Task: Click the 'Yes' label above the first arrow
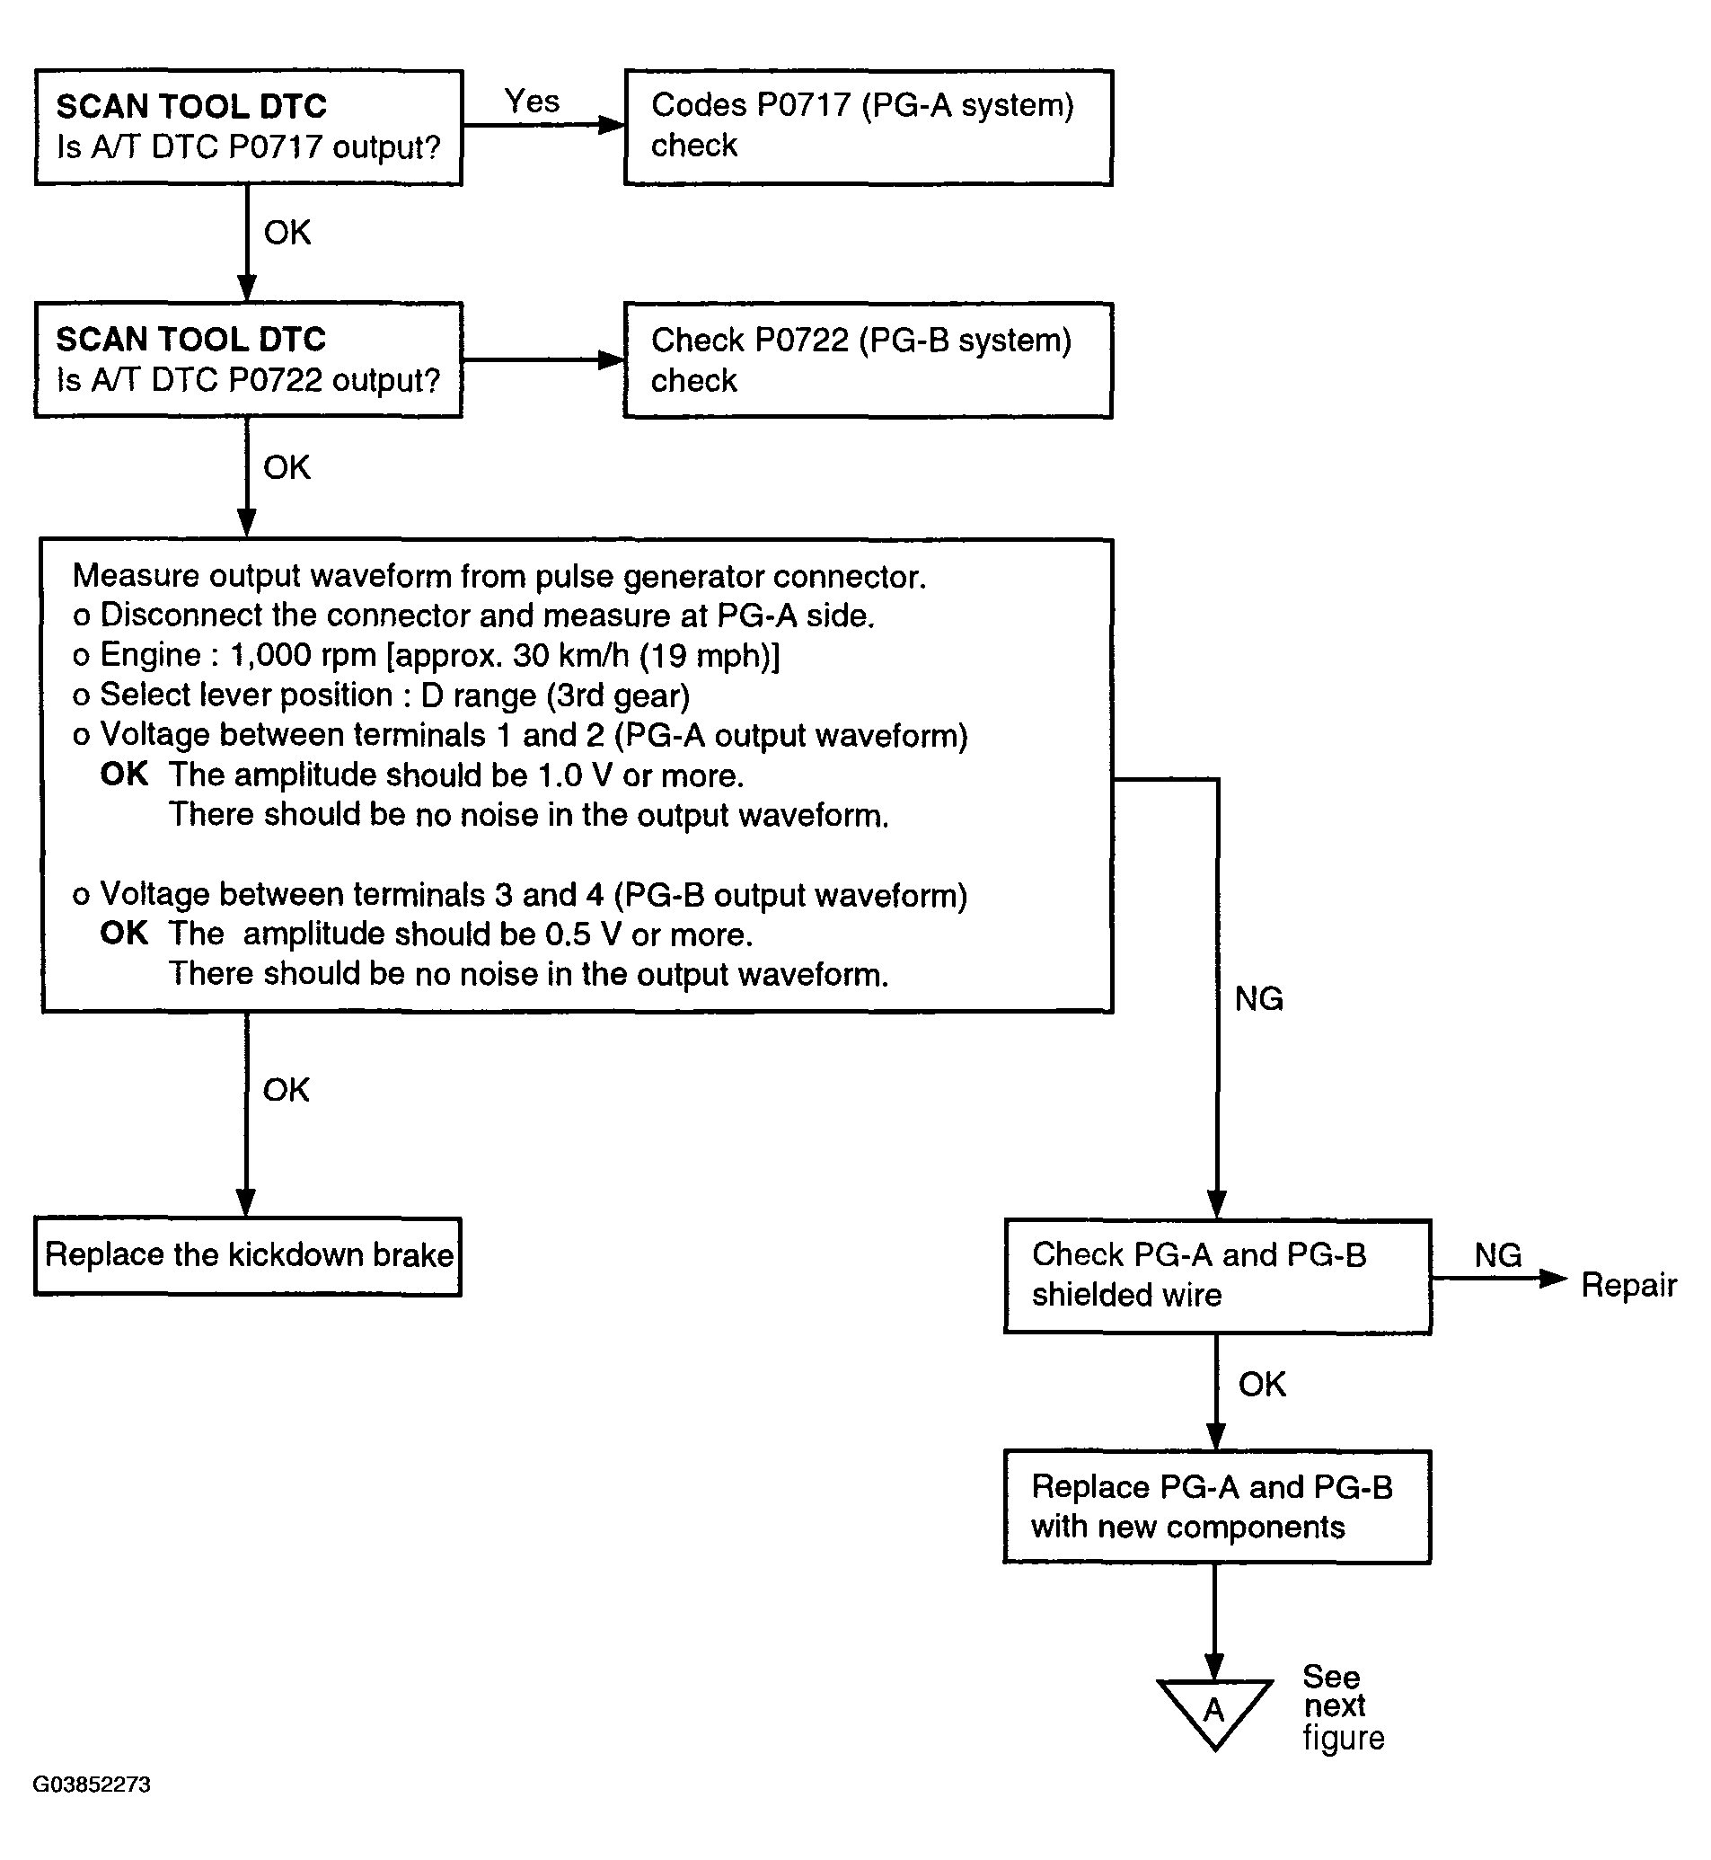[532, 101]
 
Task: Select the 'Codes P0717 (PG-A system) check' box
[869, 128]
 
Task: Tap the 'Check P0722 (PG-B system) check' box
[869, 360]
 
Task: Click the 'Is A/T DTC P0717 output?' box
[248, 128]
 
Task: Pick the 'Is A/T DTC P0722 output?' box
[248, 360]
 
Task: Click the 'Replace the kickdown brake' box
[248, 1256]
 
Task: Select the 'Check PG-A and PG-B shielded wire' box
[1218, 1277]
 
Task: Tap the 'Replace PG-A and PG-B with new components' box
[1218, 1507]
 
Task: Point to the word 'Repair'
[1628, 1285]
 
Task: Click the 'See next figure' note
[1344, 1707]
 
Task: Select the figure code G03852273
[92, 1784]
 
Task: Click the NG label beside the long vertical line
[1259, 998]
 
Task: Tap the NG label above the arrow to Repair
[1498, 1255]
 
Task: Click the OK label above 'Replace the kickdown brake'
[287, 1089]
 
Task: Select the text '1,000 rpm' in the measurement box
[303, 656]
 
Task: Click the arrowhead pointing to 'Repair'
[1554, 1279]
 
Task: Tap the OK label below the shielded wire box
[1262, 1384]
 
